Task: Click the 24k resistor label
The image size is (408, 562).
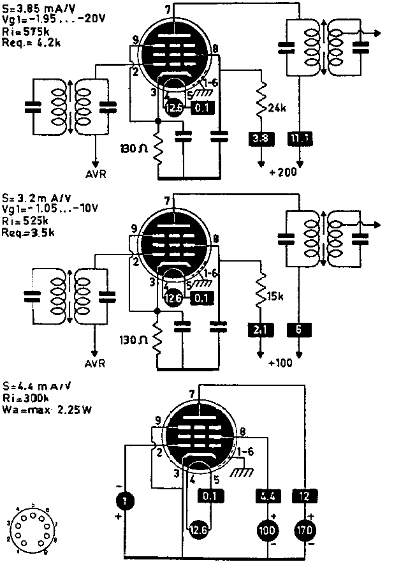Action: (277, 108)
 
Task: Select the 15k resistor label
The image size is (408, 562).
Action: (276, 297)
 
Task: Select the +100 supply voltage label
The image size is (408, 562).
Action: (280, 363)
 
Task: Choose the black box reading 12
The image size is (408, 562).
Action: (303, 495)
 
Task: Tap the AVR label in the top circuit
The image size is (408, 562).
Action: (96, 173)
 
